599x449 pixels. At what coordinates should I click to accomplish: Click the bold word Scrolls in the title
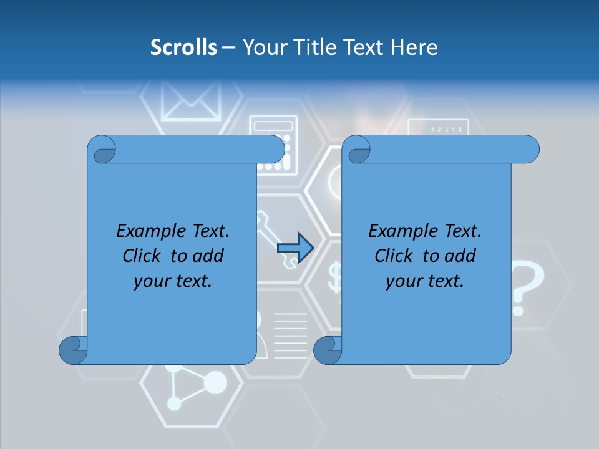click(x=184, y=47)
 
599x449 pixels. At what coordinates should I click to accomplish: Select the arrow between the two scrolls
click(x=295, y=248)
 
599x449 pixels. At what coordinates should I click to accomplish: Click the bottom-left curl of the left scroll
click(x=73, y=350)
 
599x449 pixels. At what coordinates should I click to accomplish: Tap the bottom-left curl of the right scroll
click(x=328, y=350)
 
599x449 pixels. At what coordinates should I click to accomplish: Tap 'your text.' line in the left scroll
click(x=173, y=281)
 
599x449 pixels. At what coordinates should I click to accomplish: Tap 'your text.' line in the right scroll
click(x=425, y=281)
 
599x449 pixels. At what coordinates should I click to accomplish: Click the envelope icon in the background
click(x=191, y=100)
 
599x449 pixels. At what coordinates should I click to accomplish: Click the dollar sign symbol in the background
click(x=336, y=278)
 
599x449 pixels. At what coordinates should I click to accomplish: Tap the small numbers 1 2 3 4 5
click(x=447, y=130)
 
